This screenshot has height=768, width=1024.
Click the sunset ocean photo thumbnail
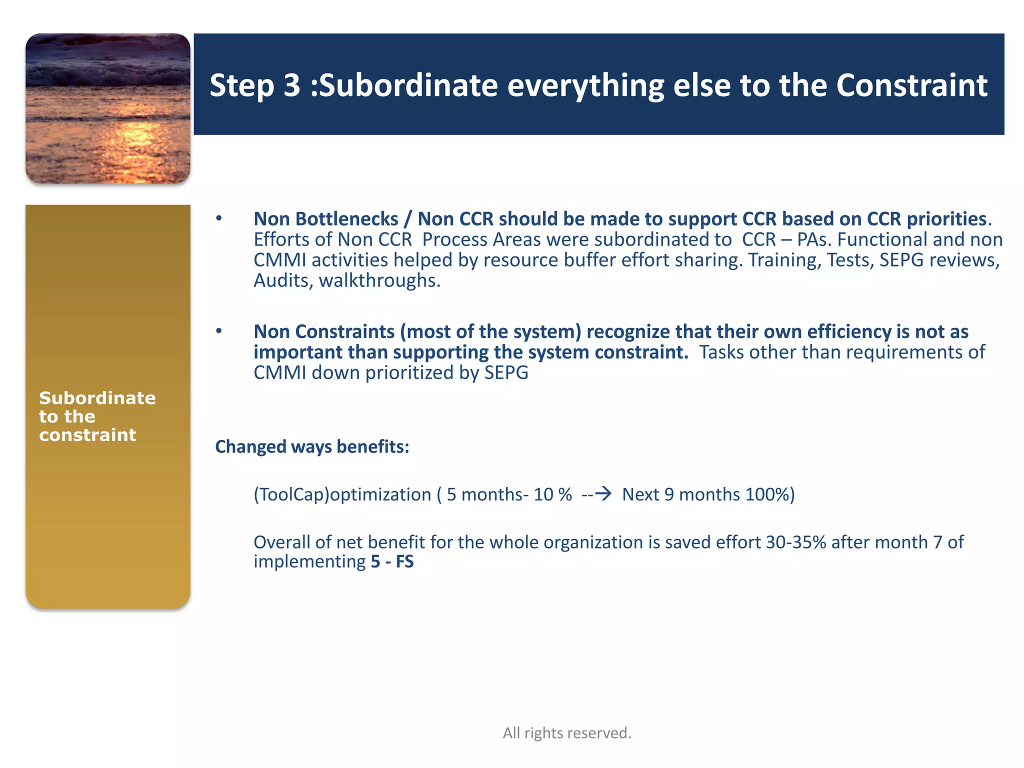(107, 108)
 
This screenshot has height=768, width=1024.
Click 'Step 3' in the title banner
(254, 85)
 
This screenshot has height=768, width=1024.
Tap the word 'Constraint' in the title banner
(911, 85)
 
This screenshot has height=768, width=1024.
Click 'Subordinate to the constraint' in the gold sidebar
(97, 416)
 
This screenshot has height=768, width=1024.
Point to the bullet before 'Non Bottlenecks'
(218, 218)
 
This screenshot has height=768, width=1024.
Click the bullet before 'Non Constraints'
(218, 331)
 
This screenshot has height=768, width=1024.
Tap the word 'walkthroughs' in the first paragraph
(377, 280)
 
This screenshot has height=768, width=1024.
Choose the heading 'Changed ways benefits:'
(312, 446)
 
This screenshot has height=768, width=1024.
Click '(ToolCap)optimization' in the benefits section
(342, 494)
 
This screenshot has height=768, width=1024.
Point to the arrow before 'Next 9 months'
(603, 494)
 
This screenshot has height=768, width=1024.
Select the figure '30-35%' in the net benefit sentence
(795, 542)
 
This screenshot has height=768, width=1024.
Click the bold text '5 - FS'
(392, 561)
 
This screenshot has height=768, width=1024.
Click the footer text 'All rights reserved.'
(567, 733)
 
